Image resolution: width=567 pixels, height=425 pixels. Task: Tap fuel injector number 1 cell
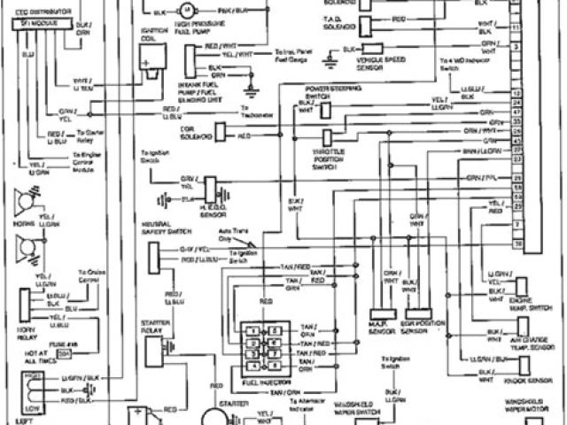(x=255, y=329)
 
